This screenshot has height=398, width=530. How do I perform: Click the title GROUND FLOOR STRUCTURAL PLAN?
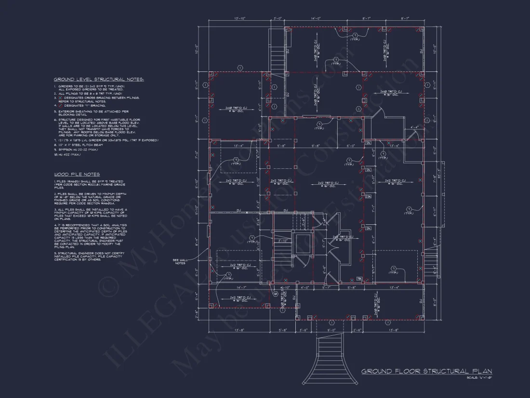[x=426, y=371]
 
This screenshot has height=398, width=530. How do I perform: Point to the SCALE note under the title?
[x=479, y=377]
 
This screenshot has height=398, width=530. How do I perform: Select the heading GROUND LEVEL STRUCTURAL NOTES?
[x=98, y=79]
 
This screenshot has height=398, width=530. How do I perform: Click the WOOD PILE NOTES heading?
[x=77, y=174]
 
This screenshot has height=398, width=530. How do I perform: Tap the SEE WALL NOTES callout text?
[x=179, y=261]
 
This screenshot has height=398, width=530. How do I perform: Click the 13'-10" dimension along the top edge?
[x=239, y=18]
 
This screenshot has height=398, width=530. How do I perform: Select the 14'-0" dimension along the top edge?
[x=316, y=18]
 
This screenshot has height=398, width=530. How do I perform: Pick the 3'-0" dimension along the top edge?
[x=278, y=18]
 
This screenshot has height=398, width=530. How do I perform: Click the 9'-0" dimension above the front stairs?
[x=331, y=330]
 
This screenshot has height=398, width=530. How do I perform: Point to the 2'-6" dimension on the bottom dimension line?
[x=357, y=330]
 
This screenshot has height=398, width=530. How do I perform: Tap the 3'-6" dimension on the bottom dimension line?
[x=304, y=330]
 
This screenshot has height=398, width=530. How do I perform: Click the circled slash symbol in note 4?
[x=61, y=105]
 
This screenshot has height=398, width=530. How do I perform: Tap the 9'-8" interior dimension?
[x=316, y=145]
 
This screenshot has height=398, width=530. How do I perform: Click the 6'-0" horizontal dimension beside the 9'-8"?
[x=350, y=145]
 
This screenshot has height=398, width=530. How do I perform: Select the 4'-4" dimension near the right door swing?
[x=414, y=127]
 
